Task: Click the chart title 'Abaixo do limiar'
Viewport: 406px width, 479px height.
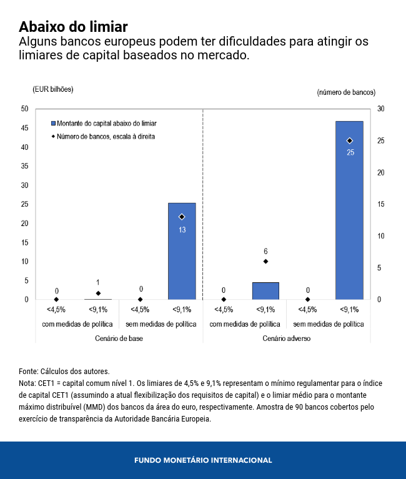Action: (x=73, y=27)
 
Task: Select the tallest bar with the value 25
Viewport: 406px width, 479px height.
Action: (x=349, y=212)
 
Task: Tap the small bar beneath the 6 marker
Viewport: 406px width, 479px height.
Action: (x=265, y=291)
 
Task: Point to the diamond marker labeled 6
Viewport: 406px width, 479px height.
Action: (x=265, y=261)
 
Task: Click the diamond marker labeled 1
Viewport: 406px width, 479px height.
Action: (x=98, y=293)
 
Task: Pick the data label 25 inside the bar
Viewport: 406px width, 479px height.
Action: (x=350, y=152)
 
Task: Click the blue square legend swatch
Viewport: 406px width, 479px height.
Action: (x=54, y=124)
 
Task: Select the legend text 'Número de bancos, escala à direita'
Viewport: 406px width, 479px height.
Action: (x=106, y=136)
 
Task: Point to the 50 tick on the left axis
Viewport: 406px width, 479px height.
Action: (x=24, y=109)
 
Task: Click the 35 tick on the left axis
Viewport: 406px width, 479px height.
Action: (x=24, y=166)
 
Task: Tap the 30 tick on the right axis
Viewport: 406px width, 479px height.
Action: (x=381, y=109)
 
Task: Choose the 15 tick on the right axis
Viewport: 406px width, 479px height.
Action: (x=381, y=204)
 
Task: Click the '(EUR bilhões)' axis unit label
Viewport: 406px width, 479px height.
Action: (x=53, y=89)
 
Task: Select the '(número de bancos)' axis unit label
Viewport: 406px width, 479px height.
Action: (x=346, y=92)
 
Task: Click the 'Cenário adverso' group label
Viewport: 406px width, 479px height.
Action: (x=287, y=338)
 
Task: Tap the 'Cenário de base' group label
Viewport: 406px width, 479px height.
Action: (x=119, y=338)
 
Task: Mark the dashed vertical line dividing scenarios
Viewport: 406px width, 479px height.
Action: (x=203, y=206)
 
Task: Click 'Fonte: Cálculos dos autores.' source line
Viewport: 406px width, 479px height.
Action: (x=64, y=371)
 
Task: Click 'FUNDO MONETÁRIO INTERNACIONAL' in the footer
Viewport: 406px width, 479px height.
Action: (x=203, y=460)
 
